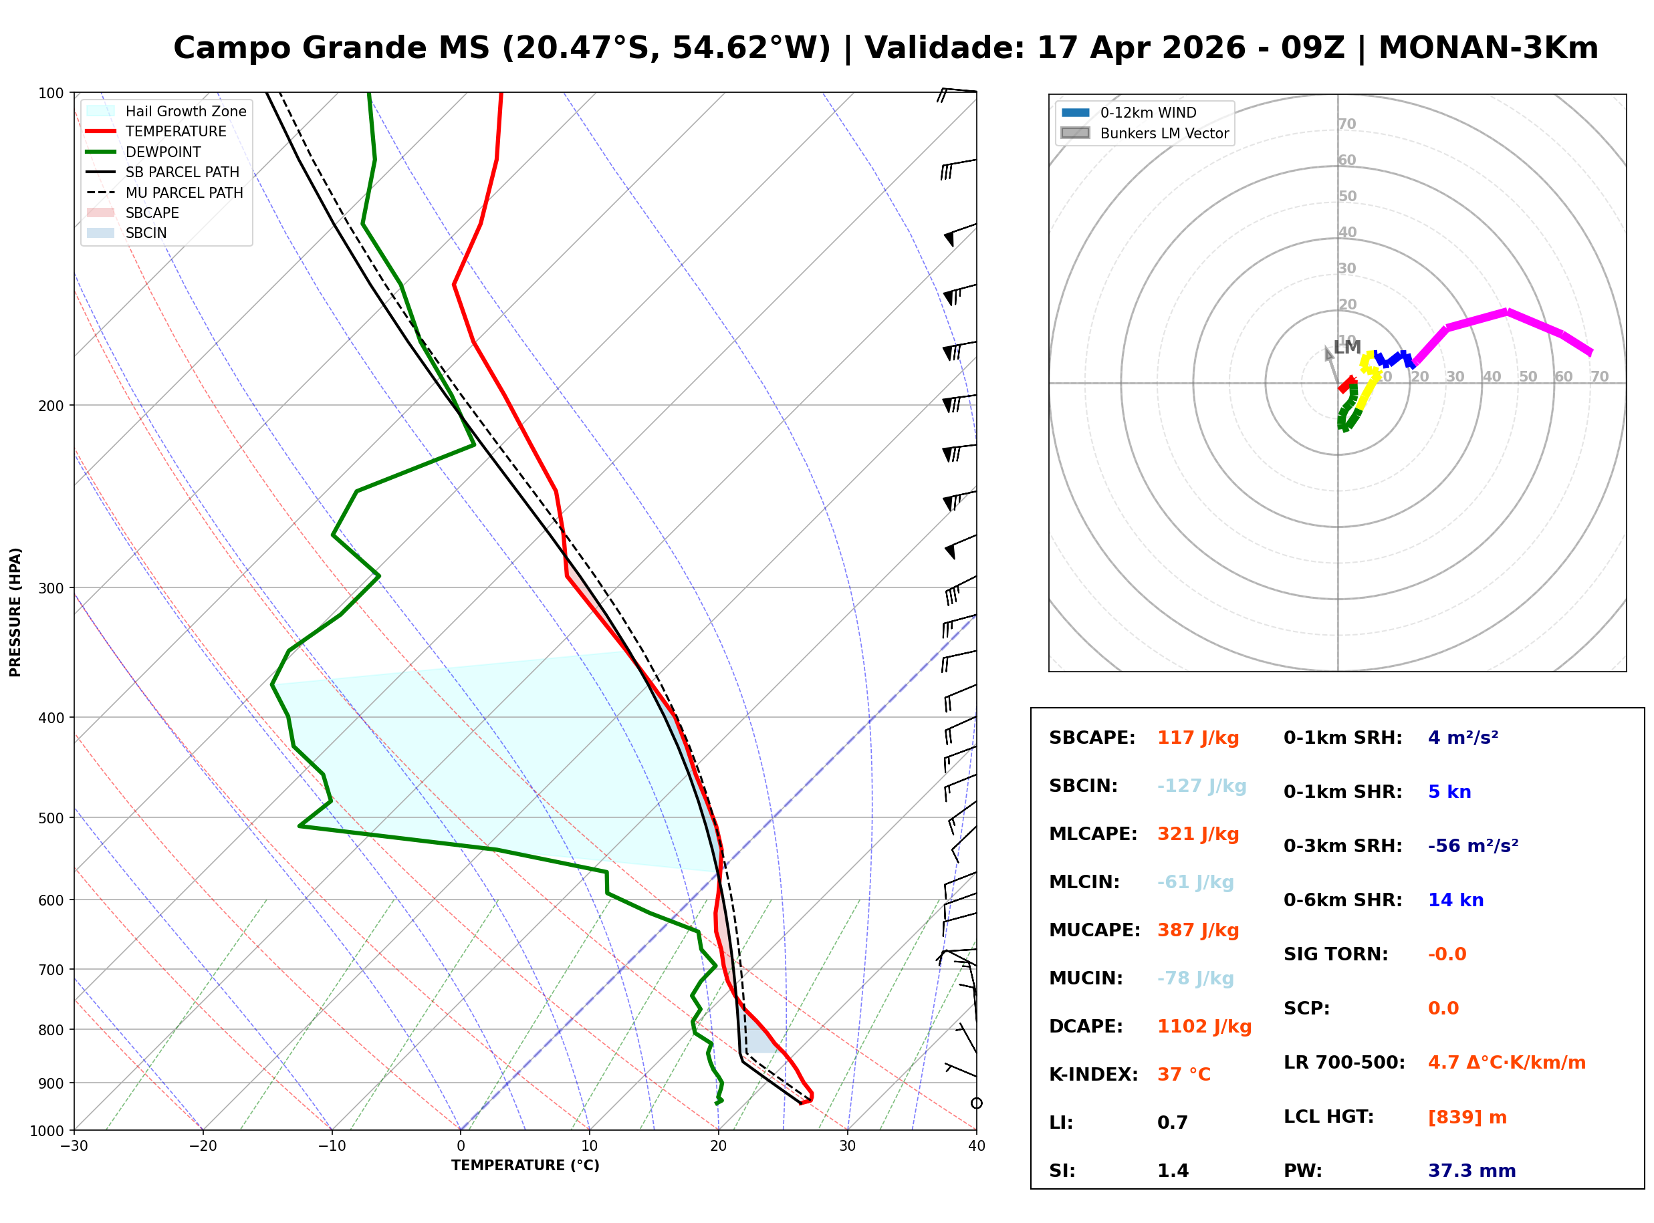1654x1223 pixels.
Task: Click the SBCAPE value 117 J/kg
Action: [x=1197, y=738]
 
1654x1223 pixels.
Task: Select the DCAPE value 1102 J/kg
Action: [x=1204, y=1027]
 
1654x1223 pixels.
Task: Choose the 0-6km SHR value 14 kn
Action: [x=1455, y=900]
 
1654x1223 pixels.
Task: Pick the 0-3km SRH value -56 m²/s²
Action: [x=1473, y=846]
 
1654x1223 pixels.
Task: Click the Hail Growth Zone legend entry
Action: [x=185, y=111]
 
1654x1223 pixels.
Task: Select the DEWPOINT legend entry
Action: [x=163, y=152]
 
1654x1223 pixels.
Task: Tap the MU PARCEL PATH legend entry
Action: [x=184, y=192]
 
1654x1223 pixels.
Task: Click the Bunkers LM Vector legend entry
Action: [x=1164, y=133]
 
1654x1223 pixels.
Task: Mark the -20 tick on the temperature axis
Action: [x=202, y=1146]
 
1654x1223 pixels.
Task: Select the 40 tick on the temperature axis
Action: [x=976, y=1146]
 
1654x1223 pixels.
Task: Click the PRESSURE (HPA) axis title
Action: [x=15, y=612]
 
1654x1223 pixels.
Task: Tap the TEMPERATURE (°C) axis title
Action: [x=525, y=1166]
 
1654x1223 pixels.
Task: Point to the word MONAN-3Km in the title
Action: [x=1488, y=48]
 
